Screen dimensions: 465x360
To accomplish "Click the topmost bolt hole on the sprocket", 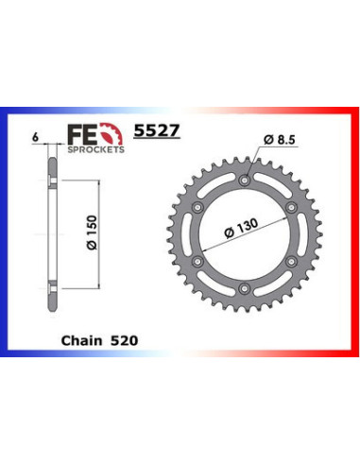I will pos(244,179).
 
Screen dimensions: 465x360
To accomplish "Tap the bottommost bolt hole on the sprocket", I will pos(244,287).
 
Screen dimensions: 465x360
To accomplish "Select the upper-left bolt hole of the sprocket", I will pos(197,206).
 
